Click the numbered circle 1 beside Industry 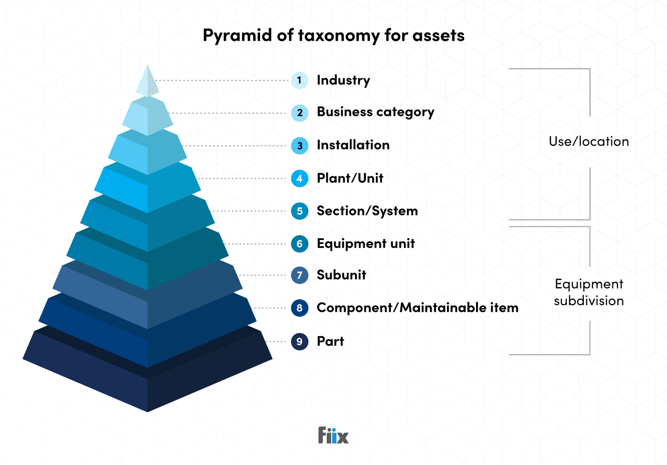(x=300, y=80)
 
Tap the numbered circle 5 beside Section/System (x=300, y=211)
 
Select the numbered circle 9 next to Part (x=300, y=342)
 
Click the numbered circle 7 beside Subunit (x=300, y=275)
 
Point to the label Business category (x=375, y=112)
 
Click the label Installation (x=353, y=145)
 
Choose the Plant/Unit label (x=350, y=178)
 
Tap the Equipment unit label (x=366, y=244)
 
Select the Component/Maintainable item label (x=417, y=308)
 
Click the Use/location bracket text (x=588, y=142)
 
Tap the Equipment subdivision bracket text (x=589, y=293)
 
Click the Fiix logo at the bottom (x=333, y=435)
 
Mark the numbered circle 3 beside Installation (x=300, y=146)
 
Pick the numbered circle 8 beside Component (x=300, y=308)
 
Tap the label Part (x=330, y=342)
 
